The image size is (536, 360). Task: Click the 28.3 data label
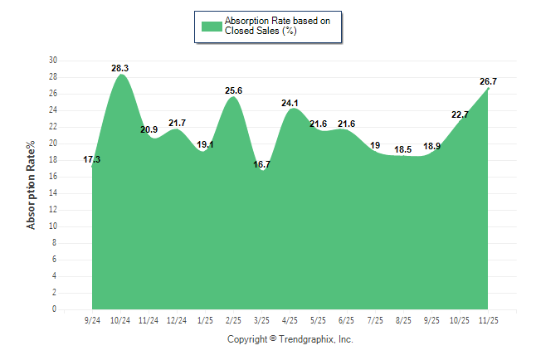coord(121,69)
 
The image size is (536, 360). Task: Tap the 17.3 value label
coord(92,159)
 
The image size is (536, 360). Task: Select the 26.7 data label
coord(488,81)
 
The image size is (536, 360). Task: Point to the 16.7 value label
coord(261,164)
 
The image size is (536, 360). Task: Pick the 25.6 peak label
coord(233,90)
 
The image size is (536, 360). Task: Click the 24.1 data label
coord(290,104)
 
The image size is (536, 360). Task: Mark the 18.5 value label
coord(403,149)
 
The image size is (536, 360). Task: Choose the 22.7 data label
coord(460,114)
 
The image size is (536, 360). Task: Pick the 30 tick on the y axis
coord(53,61)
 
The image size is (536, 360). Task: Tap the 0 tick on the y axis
coord(55,309)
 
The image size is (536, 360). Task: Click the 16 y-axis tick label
coord(53,177)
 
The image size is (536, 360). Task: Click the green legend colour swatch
coord(211,26)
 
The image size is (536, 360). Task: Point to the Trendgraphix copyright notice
coord(290,339)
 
